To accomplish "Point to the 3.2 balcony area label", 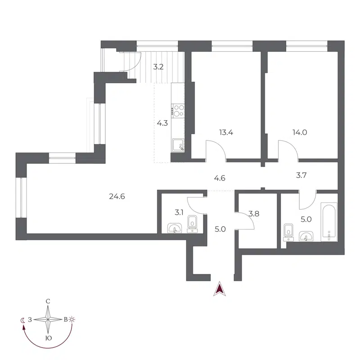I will (158, 67).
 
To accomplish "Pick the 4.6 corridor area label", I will (219, 178).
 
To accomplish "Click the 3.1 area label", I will (179, 212).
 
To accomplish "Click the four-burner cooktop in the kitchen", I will (179, 110).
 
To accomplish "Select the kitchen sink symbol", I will (178, 145).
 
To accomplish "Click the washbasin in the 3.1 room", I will (173, 229).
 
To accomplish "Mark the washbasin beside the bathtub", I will (307, 236).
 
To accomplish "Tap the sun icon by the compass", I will (72, 319).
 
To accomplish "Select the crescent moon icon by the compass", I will (23, 320).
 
